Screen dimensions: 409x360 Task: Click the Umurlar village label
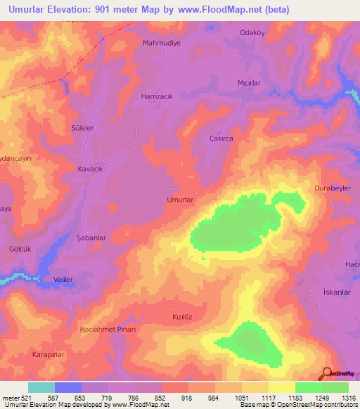(x=179, y=200)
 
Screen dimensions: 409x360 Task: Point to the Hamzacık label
(x=157, y=96)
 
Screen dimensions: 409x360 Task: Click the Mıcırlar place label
(x=250, y=82)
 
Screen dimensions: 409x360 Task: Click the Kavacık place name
(x=91, y=169)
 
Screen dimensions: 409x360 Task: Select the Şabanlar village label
(x=91, y=238)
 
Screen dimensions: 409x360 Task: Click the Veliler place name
(x=64, y=279)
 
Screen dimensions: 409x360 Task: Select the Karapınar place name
(x=49, y=355)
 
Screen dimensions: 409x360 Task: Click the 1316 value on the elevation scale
(x=348, y=398)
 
